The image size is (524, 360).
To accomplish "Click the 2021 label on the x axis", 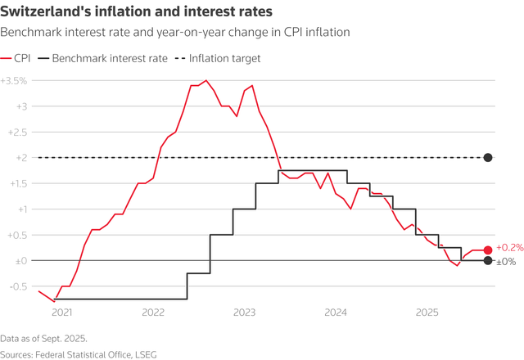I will pyautogui.click(x=62, y=312).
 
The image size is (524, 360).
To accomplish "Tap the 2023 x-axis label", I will pyautogui.click(x=244, y=312).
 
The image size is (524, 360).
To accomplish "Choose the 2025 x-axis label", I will pyautogui.click(x=427, y=312).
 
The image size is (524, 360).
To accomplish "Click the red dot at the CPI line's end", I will pyautogui.click(x=488, y=250).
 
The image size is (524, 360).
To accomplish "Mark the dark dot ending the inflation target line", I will pyautogui.click(x=488, y=158).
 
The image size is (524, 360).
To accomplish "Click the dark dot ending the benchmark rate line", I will pyautogui.click(x=488, y=261).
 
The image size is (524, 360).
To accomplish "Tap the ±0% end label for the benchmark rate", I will pyautogui.click(x=506, y=262).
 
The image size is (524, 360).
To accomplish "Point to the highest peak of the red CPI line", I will pyautogui.click(x=206, y=81).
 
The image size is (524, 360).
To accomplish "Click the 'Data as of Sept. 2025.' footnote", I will pyautogui.click(x=43, y=337).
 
